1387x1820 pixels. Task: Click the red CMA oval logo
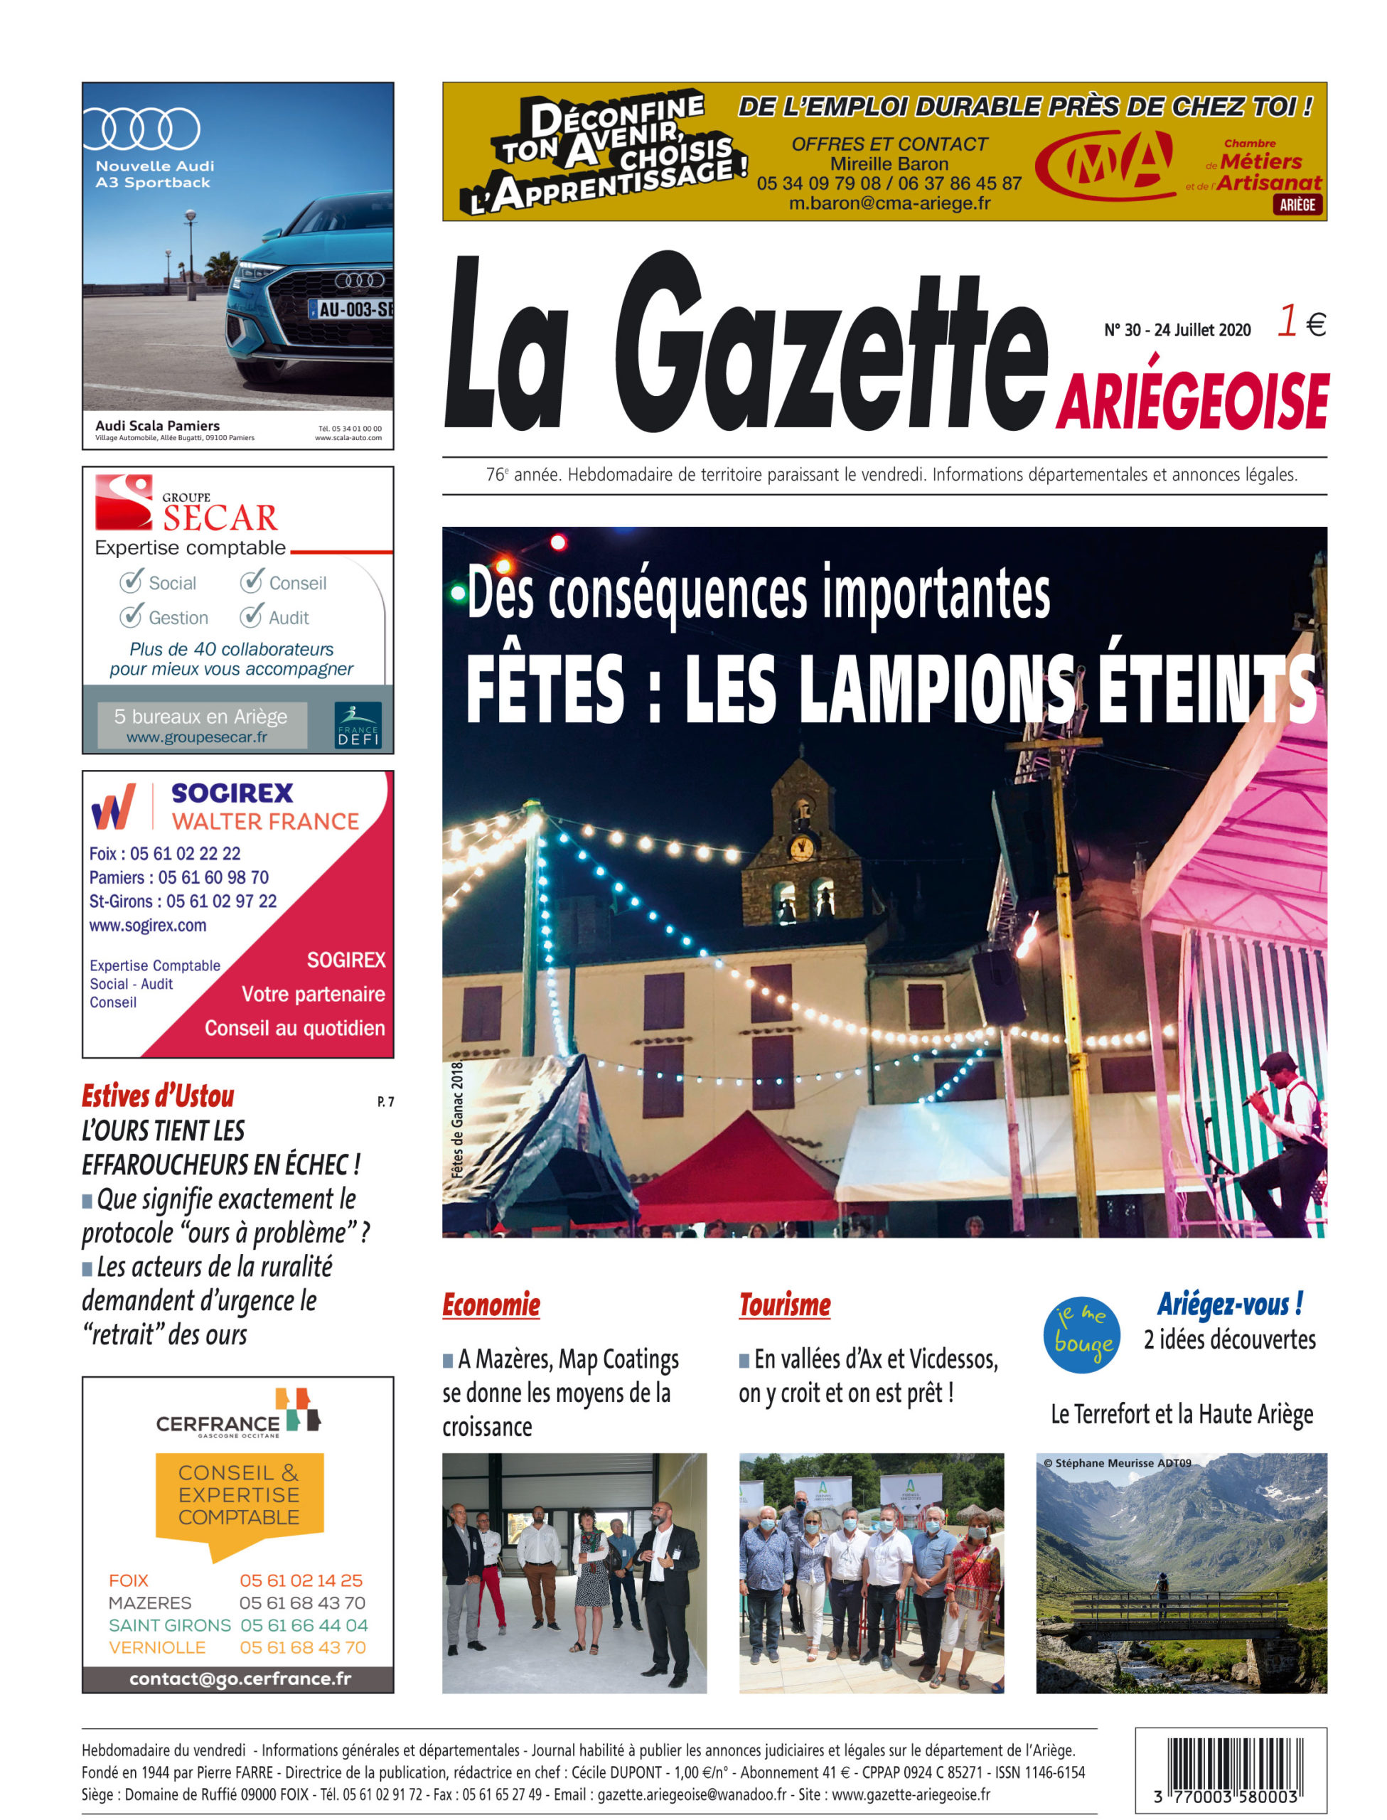pos(1105,165)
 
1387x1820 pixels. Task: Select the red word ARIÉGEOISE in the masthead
pos(1191,402)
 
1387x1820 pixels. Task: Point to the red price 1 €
pos(1300,322)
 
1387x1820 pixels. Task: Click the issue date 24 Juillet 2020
pos(1202,330)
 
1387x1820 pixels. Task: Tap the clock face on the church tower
pos(800,847)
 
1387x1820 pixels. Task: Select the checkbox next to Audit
pos(251,616)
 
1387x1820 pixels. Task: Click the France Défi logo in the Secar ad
pos(358,724)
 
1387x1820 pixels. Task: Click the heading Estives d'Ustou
pos(158,1096)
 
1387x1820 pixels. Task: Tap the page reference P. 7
pos(385,1102)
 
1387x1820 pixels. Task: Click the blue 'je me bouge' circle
pos(1081,1335)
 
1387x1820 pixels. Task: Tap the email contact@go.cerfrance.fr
pos(240,1678)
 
